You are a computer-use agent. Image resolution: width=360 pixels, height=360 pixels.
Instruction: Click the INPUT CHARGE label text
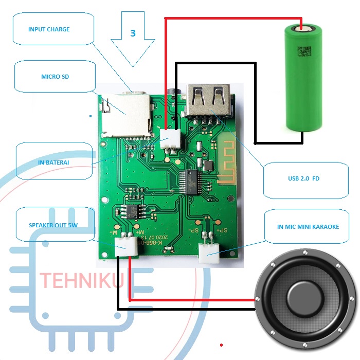[49, 29]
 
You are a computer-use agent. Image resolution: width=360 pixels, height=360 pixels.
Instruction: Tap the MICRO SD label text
[55, 77]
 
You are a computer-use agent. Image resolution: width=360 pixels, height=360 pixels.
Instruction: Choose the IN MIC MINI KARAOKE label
[308, 226]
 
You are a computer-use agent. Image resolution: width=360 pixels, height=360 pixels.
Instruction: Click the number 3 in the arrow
[133, 33]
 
